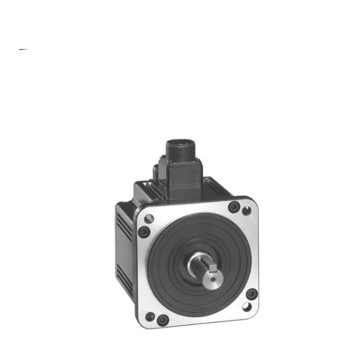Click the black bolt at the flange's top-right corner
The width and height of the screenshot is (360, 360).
pos(233,207)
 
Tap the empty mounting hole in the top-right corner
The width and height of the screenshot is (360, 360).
pos(246,211)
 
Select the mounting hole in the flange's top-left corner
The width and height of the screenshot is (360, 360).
pos(149,219)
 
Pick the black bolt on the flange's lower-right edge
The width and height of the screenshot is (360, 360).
pos(252,294)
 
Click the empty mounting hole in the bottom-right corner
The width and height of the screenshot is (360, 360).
pos(247,307)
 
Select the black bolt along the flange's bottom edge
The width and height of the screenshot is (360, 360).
pos(163,320)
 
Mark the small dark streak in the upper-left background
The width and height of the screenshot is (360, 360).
pos(25,49)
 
